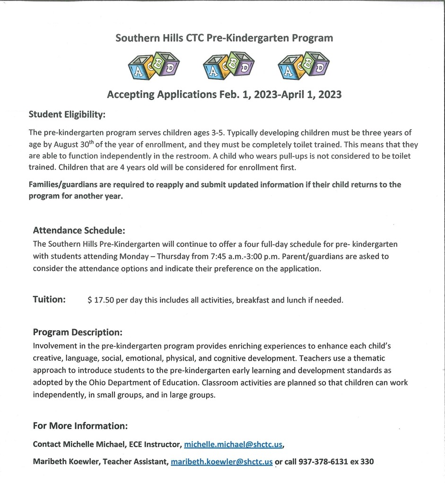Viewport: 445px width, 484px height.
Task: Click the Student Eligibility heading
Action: pos(67,114)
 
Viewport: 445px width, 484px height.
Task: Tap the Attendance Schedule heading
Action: pos(79,231)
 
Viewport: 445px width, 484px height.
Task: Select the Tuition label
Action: pos(49,299)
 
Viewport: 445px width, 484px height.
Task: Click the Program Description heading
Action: pos(78,332)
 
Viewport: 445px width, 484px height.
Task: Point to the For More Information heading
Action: pos(80,426)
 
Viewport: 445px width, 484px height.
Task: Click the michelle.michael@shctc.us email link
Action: pos(234,444)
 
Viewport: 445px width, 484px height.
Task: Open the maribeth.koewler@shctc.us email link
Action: pos(221,462)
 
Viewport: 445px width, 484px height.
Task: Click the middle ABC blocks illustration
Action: pos(228,66)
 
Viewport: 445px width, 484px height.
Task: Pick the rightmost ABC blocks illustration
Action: pos(304,66)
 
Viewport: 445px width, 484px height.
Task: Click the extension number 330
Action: pos(366,462)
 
